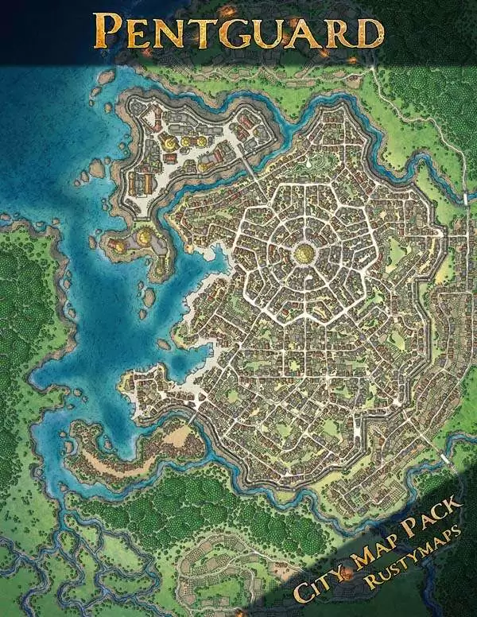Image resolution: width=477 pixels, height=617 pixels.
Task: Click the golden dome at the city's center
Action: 304,254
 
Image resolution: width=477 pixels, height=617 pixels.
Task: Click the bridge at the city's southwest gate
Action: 193,417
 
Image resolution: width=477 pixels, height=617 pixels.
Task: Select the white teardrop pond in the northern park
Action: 305,163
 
